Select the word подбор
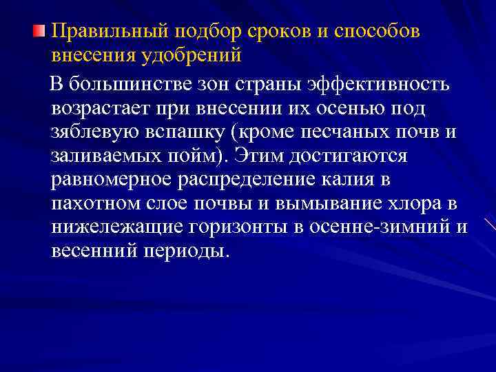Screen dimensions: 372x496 pos(200,32)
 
